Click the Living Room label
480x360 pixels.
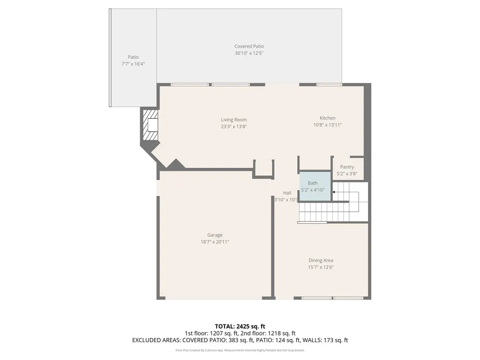[233, 120]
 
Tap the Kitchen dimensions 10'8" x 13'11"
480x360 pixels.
[327, 125]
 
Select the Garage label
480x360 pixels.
[215, 235]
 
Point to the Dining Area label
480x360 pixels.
[321, 260]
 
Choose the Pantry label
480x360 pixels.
[347, 167]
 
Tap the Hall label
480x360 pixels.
[287, 193]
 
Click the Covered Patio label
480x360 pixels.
[249, 46]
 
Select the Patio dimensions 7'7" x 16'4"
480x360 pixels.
[133, 64]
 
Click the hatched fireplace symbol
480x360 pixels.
[150, 125]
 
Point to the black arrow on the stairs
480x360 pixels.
[333, 192]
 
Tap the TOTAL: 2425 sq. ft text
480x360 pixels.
[240, 326]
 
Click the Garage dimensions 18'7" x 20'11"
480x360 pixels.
[215, 242]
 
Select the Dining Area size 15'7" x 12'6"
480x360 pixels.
[321, 267]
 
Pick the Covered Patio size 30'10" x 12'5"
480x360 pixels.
[249, 53]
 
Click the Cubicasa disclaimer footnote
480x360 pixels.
[240, 350]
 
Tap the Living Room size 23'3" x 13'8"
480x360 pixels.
[233, 127]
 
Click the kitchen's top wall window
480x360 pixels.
[329, 85]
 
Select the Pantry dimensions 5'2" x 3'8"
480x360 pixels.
[347, 173]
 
